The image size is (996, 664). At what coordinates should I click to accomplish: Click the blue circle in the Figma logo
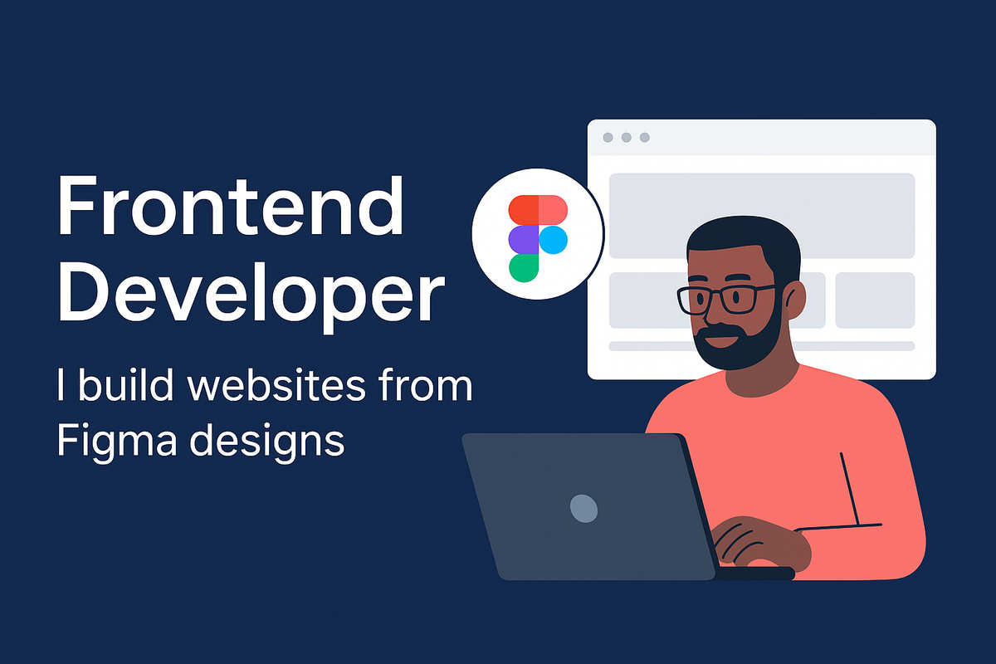tap(554, 241)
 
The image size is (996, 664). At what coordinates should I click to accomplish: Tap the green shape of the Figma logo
tap(523, 267)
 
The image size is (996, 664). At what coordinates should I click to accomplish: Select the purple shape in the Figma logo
tap(523, 241)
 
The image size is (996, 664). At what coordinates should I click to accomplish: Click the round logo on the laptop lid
tap(583, 507)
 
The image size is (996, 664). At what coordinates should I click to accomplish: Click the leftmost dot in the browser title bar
tap(608, 138)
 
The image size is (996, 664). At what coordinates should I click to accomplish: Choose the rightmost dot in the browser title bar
tap(645, 138)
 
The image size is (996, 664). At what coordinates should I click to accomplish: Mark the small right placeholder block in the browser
tap(874, 300)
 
